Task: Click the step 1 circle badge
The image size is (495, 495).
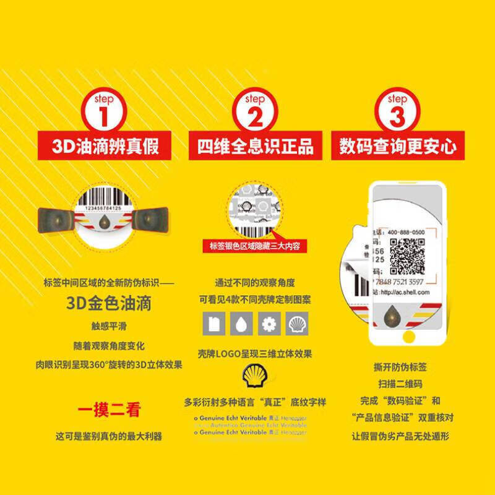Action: click(104, 111)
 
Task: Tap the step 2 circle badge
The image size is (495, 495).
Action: click(254, 111)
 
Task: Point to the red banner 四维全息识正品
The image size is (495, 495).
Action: click(255, 147)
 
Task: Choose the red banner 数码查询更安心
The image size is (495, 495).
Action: click(398, 147)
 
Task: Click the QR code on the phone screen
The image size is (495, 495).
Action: click(407, 256)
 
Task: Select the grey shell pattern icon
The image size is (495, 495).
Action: click(296, 323)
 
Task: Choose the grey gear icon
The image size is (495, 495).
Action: click(268, 323)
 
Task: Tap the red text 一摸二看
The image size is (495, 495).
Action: click(108, 410)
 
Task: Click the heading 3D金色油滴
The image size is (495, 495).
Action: click(109, 304)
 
